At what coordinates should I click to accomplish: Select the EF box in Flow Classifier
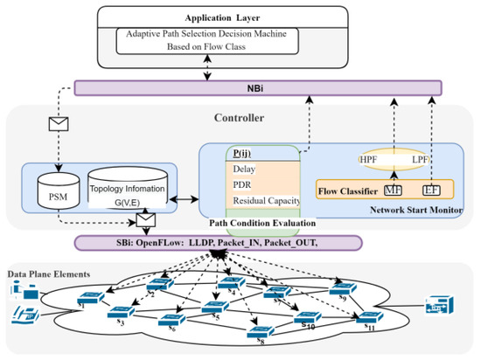pyautogui.click(x=430, y=189)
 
